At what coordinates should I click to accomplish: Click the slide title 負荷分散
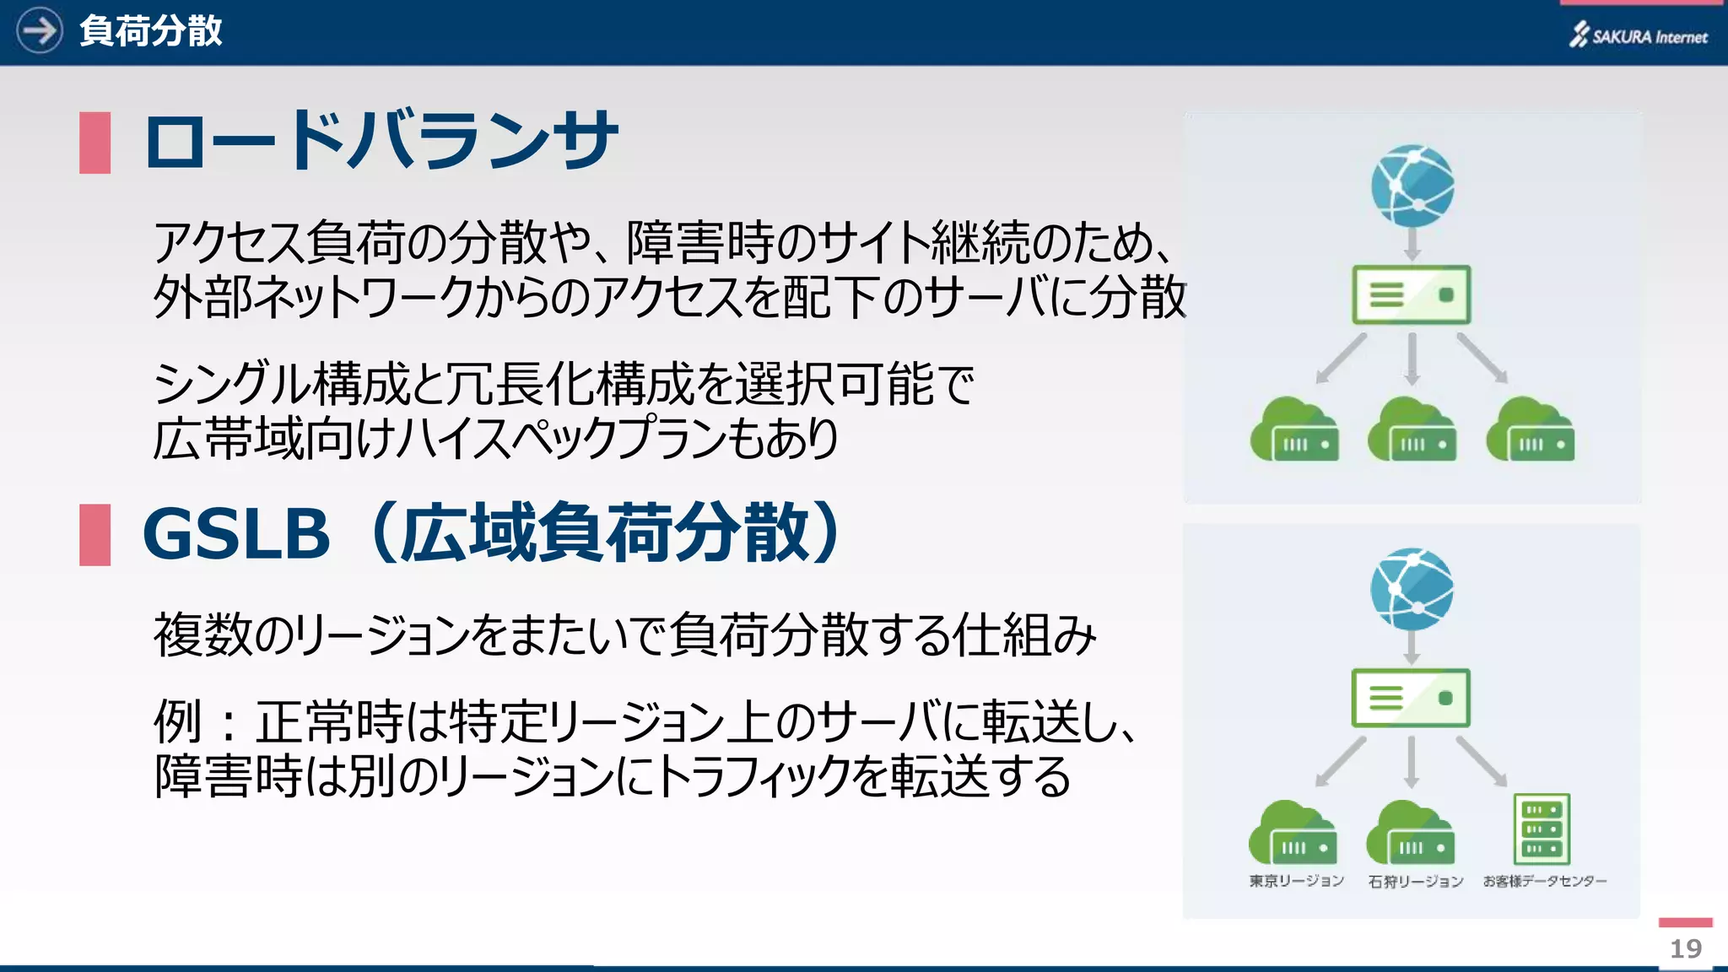(x=150, y=31)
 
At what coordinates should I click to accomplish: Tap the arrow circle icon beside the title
(x=39, y=30)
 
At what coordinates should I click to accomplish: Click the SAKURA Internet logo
(x=1638, y=35)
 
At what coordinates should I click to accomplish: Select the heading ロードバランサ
(x=380, y=140)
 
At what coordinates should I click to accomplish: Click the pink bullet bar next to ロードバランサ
(x=94, y=143)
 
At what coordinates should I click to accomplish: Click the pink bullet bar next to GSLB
(x=94, y=534)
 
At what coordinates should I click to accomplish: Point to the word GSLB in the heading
(x=236, y=534)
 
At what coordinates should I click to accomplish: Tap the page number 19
(x=1685, y=948)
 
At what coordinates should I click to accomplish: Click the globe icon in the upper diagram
(x=1412, y=186)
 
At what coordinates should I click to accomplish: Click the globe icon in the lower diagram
(x=1412, y=589)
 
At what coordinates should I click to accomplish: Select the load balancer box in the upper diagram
(x=1411, y=295)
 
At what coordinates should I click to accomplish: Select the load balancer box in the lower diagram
(x=1411, y=699)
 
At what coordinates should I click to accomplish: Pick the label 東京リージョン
(x=1296, y=881)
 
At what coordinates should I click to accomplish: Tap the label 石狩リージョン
(x=1415, y=881)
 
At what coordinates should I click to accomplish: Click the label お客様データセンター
(x=1544, y=881)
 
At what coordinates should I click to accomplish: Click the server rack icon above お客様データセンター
(x=1542, y=829)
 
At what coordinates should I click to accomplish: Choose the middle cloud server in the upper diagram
(x=1412, y=430)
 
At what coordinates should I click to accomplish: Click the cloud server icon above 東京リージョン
(x=1293, y=834)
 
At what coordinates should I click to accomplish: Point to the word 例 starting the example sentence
(x=177, y=722)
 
